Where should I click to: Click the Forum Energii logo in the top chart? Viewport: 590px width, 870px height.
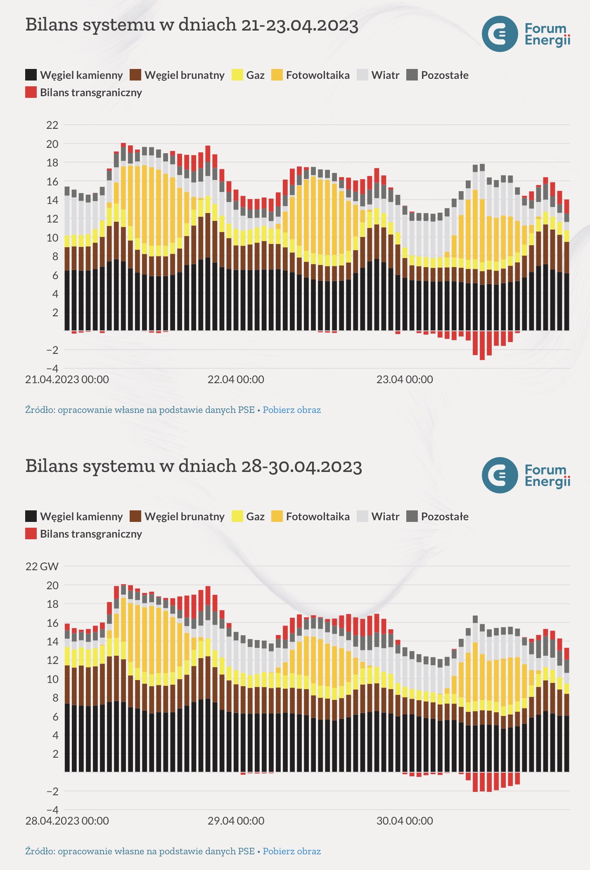526,34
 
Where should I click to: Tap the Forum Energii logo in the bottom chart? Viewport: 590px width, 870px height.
526,475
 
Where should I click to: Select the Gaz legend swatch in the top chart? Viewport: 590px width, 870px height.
237,75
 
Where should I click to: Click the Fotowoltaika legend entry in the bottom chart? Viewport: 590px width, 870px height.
310,517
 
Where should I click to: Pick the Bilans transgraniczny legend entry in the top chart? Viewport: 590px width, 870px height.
84,92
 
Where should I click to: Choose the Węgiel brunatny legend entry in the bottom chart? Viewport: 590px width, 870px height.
177,517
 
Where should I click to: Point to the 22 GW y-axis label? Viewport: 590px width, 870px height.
42,566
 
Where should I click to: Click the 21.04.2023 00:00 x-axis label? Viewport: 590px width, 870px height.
67,379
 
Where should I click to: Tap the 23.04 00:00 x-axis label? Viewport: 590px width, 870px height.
405,379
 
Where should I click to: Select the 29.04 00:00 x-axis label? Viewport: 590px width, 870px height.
236,821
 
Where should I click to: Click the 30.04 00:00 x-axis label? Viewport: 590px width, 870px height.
405,821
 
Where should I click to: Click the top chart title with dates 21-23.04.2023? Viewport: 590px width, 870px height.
192,25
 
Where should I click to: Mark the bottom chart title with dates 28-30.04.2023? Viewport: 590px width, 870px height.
194,466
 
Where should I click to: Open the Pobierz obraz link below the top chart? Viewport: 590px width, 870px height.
291,410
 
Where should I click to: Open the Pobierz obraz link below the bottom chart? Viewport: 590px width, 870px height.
291,851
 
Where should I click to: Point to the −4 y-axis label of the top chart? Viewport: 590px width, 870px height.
52,368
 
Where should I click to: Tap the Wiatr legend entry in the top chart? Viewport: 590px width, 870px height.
378,75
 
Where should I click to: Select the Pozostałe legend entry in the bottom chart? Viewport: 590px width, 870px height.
438,517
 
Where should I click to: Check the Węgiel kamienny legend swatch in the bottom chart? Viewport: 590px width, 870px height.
31,517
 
